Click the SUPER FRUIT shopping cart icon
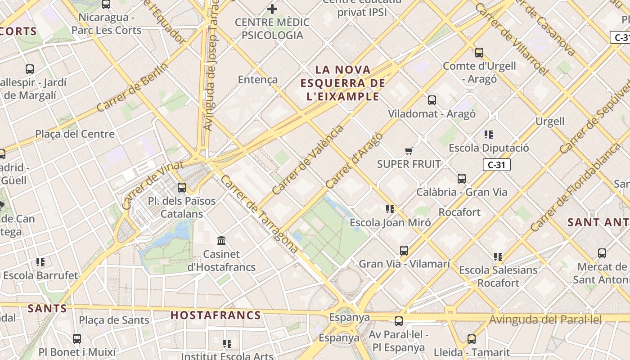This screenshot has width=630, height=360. pyautogui.click(x=409, y=151)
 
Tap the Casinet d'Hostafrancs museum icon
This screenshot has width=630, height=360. pyautogui.click(x=221, y=241)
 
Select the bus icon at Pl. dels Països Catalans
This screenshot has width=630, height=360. pyautogui.click(x=182, y=188)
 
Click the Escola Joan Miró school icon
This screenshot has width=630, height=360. pyautogui.click(x=390, y=209)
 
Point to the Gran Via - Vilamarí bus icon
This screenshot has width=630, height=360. pyautogui.click(x=404, y=251)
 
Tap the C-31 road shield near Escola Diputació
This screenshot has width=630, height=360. pyautogui.click(x=497, y=165)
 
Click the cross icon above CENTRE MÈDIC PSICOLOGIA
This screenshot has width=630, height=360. pyautogui.click(x=272, y=9)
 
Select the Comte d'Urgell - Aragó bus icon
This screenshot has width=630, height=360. pyautogui.click(x=479, y=53)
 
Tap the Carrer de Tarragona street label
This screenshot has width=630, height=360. pyautogui.click(x=259, y=214)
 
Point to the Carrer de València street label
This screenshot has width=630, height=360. pyautogui.click(x=308, y=160)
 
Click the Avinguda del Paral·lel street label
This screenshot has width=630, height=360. pyautogui.click(x=545, y=320)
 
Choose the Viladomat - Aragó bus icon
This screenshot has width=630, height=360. pyautogui.click(x=432, y=100)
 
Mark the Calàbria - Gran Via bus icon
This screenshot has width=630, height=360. pyautogui.click(x=462, y=179)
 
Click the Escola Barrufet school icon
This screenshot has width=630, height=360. pyautogui.click(x=40, y=262)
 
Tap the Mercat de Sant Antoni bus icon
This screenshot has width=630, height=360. pyautogui.click(x=602, y=253)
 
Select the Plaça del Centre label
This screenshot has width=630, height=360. pyautogui.click(x=75, y=134)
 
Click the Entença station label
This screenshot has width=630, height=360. pyautogui.click(x=258, y=80)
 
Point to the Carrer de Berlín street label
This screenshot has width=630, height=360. pyautogui.click(x=132, y=87)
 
